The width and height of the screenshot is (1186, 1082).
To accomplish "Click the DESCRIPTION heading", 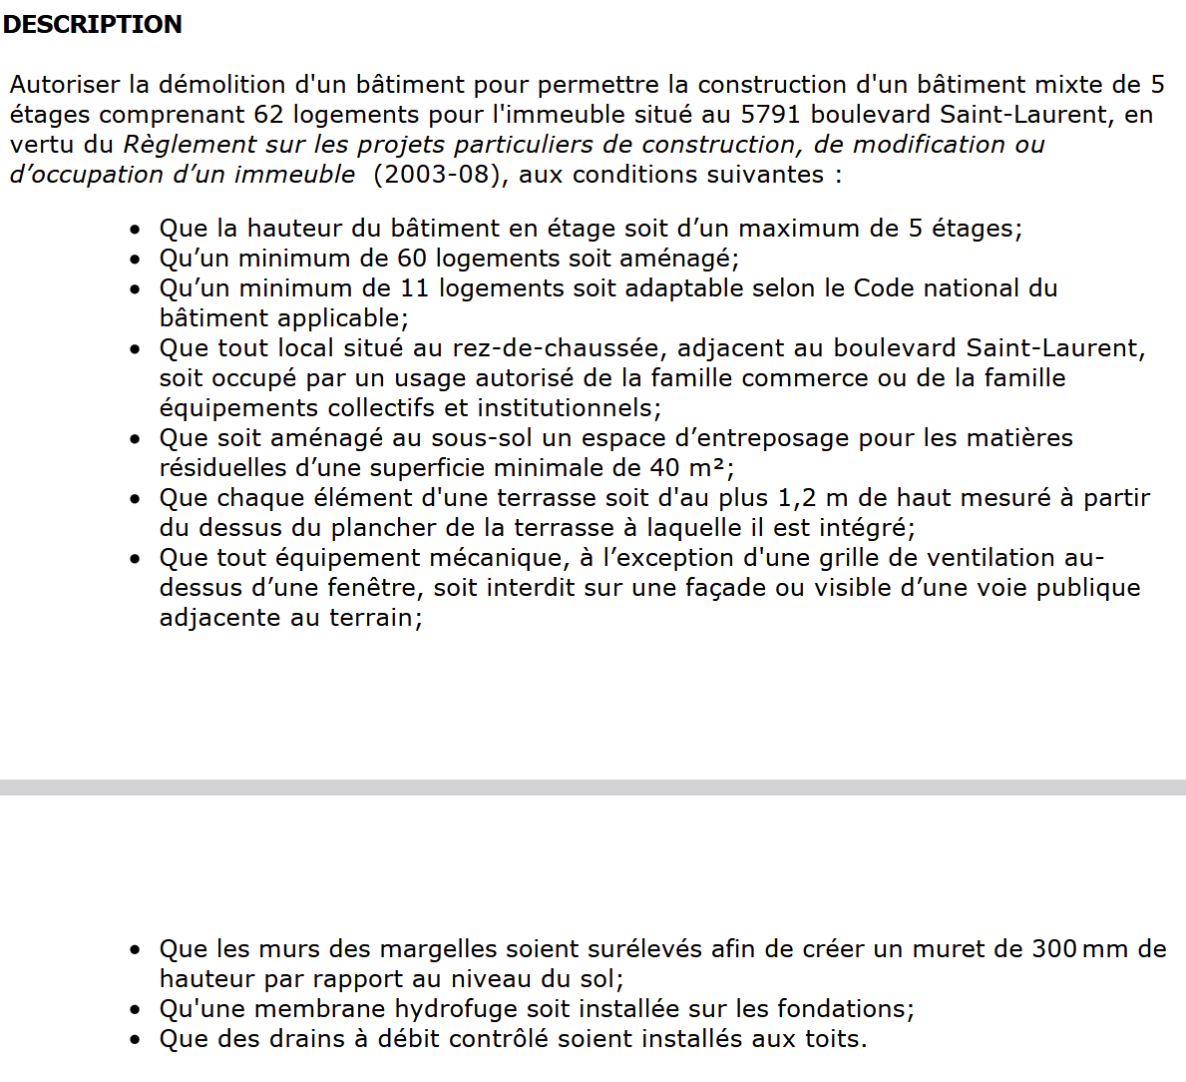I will (92, 24).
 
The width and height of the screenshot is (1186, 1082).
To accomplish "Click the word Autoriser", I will (65, 85).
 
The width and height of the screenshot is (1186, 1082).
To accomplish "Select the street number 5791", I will (770, 115).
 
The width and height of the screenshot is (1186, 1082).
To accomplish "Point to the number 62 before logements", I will (269, 115).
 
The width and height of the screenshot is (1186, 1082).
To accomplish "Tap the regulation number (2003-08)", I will (437, 175).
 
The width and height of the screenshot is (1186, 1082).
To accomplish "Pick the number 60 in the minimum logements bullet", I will (412, 259).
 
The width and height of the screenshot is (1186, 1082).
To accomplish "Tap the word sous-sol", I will (488, 438).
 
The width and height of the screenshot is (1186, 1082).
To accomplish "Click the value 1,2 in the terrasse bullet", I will (797, 498).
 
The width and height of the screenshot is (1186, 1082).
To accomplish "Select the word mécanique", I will (489, 558).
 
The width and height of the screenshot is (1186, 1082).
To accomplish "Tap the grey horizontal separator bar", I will (593, 788).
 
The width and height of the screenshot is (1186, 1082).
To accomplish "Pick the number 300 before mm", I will (1053, 949).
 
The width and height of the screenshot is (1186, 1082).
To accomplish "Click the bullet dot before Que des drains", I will (136, 1040).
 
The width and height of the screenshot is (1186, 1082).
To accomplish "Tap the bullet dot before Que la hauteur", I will (136, 230).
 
